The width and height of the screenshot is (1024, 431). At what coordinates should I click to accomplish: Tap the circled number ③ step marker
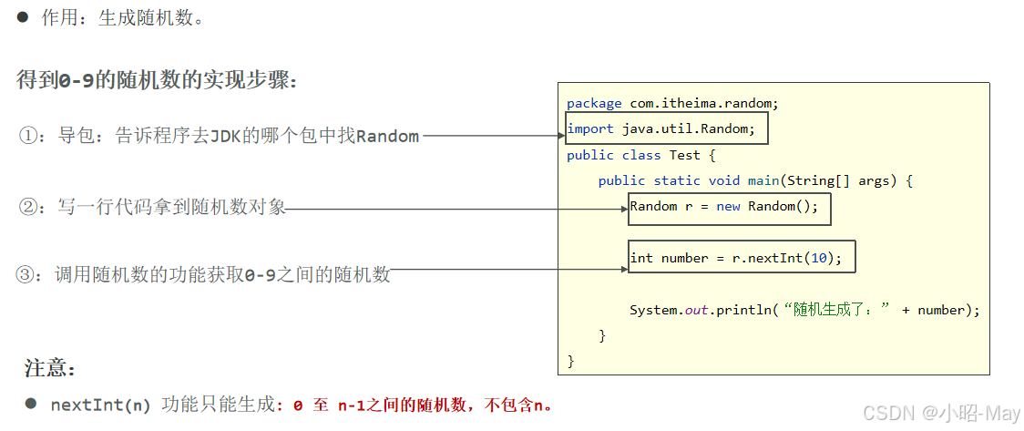(x=27, y=274)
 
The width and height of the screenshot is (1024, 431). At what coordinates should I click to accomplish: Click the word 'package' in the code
(x=594, y=104)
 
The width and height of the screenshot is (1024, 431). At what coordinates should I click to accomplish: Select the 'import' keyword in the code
(x=590, y=128)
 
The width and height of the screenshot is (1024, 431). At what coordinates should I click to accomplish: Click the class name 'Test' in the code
(x=685, y=155)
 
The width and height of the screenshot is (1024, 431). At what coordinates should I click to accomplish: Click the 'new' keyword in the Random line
(x=728, y=206)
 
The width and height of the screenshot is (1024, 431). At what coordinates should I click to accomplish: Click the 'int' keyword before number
(x=641, y=258)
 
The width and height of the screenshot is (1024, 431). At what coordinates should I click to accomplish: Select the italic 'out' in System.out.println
(x=697, y=310)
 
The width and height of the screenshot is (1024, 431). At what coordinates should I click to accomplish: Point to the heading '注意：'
(x=50, y=369)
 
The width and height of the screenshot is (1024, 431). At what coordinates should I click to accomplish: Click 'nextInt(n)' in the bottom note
(x=100, y=405)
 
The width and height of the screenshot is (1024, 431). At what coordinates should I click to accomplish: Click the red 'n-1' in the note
(x=351, y=405)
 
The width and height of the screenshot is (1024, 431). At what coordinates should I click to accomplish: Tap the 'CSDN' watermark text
(x=888, y=413)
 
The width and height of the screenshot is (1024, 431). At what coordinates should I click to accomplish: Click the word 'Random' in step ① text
(x=387, y=137)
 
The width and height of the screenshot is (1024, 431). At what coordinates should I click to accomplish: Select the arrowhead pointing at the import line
(x=561, y=136)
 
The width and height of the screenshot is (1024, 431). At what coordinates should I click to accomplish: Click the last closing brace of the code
(x=571, y=362)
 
